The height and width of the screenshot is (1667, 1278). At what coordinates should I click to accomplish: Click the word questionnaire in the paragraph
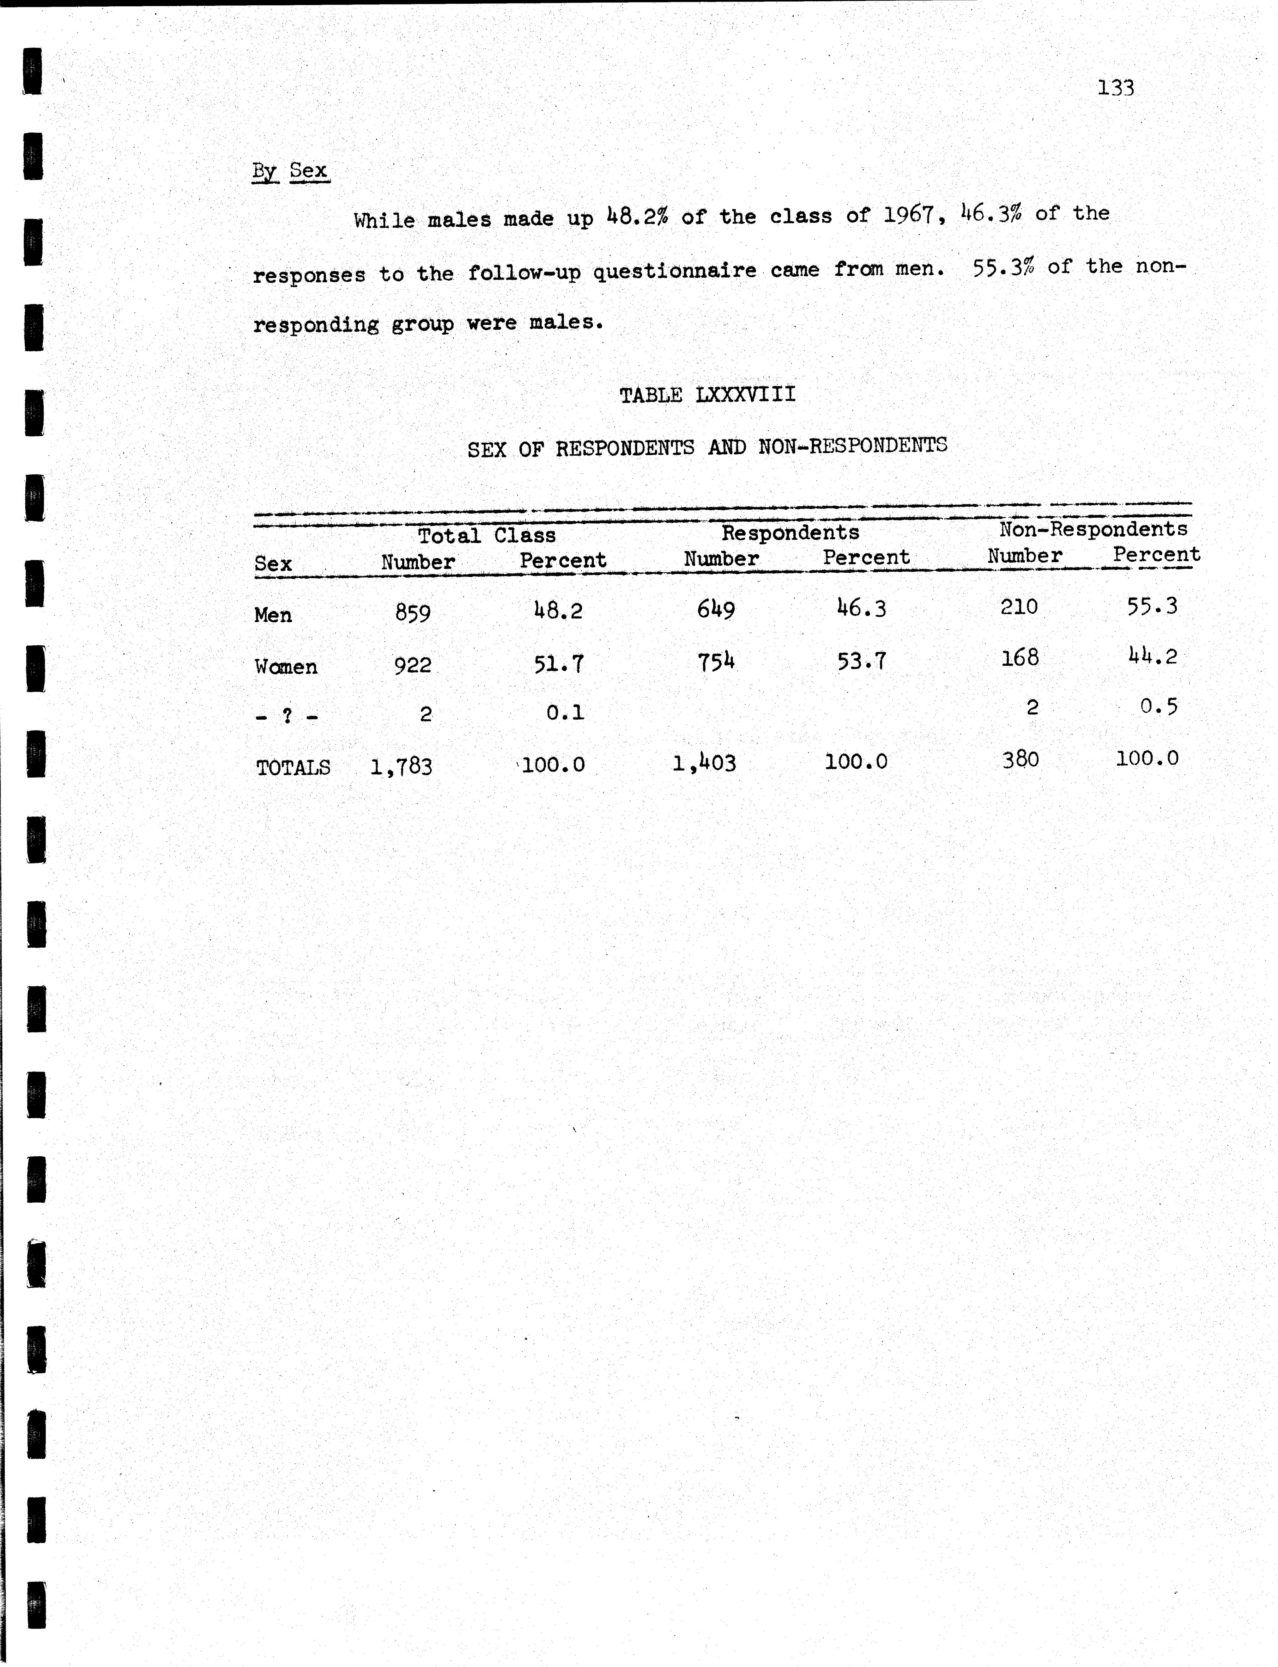(675, 271)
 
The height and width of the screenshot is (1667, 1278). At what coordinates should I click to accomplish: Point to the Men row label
(273, 615)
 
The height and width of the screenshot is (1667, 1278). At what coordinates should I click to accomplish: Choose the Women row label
(286, 667)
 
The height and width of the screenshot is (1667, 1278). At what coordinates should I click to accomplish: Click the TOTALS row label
(293, 767)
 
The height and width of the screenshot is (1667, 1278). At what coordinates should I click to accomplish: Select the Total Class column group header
(487, 536)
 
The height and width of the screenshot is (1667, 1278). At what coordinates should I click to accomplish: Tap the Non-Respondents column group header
(1093, 529)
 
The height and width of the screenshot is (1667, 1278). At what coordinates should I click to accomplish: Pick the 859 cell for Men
(413, 613)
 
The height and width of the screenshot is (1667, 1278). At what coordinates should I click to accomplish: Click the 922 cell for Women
(413, 665)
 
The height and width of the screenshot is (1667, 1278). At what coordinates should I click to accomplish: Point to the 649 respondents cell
(716, 610)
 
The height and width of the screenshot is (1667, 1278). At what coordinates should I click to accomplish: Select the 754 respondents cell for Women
(716, 661)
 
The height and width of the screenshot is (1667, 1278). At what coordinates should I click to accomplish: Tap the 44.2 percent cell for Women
(1153, 656)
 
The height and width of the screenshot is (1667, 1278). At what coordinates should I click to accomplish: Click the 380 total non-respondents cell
(1020, 759)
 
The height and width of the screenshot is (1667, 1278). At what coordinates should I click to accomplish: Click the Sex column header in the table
(273, 564)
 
